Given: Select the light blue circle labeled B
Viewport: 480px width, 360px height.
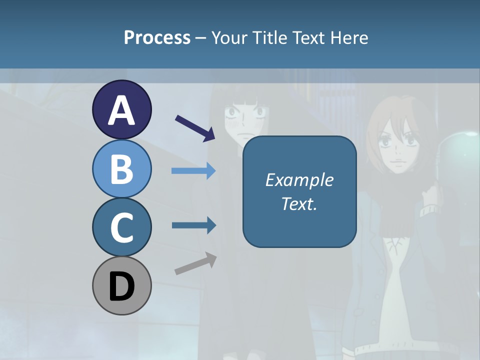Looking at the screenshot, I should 121,168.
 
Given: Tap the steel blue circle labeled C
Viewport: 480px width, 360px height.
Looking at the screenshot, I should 121,227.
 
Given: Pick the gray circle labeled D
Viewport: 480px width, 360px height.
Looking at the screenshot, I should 121,286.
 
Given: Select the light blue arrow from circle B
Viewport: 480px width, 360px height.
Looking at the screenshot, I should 193,171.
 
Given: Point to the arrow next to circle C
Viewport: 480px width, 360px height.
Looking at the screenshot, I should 193,225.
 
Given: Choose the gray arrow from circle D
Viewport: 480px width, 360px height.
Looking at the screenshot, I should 195,263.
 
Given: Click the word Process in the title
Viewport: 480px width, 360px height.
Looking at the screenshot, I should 157,37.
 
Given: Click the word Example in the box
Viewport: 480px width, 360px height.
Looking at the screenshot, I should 299,180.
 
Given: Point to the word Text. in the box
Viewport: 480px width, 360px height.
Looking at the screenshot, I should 299,204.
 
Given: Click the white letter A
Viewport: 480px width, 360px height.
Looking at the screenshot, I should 121,111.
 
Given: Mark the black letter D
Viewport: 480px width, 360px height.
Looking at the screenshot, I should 121,287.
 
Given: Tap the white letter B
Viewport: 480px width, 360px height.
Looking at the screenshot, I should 121,169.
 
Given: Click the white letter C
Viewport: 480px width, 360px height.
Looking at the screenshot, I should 121,228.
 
